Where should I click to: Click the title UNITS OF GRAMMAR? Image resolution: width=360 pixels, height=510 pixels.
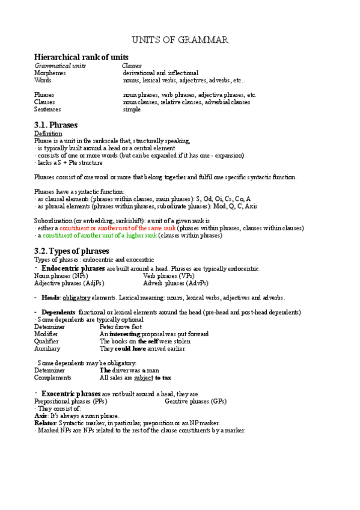coord(180,40)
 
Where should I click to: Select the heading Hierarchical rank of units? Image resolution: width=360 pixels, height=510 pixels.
coord(81,57)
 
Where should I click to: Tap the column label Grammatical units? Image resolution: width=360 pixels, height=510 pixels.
coord(60,65)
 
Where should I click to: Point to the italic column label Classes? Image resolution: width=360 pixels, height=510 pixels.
coord(132,65)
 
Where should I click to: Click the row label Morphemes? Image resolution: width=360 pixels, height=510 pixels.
coord(50,72)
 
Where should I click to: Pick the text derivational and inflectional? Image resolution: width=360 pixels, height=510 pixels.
coord(160,72)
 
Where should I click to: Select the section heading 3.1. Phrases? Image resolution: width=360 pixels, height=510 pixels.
coord(56,124)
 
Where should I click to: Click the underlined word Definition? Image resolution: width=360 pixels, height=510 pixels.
coord(48,133)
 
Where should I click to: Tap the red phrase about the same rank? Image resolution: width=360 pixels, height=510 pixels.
coord(108,228)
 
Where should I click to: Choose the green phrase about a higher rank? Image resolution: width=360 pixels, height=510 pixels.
coord(100,235)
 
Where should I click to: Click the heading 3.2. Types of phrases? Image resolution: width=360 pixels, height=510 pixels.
coord(72,250)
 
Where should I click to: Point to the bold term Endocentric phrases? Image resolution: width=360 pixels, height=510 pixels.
coord(73,268)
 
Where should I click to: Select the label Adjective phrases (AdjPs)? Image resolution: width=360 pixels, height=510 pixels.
coord(69,283)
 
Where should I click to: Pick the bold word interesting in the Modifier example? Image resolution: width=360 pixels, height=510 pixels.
coord(125,334)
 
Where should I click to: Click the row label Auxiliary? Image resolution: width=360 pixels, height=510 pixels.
coord(47,348)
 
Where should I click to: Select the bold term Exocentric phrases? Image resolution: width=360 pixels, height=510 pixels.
coord(71,393)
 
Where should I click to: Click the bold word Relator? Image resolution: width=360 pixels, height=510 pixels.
coord(45,423)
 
